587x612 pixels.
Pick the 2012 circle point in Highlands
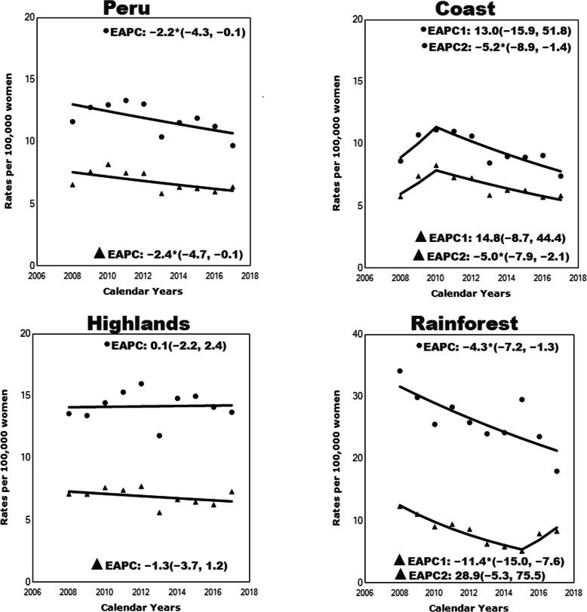(141, 384)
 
